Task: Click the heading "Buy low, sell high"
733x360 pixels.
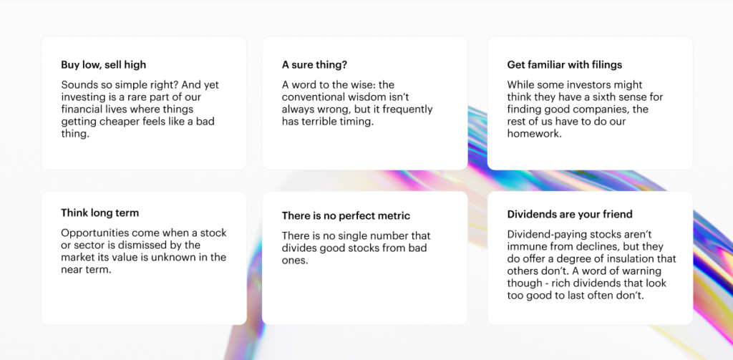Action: point(103,65)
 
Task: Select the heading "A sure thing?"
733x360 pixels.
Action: point(314,65)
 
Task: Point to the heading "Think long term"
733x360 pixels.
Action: point(99,213)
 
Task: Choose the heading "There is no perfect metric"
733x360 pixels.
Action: point(346,215)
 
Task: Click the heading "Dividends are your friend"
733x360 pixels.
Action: point(570,214)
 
